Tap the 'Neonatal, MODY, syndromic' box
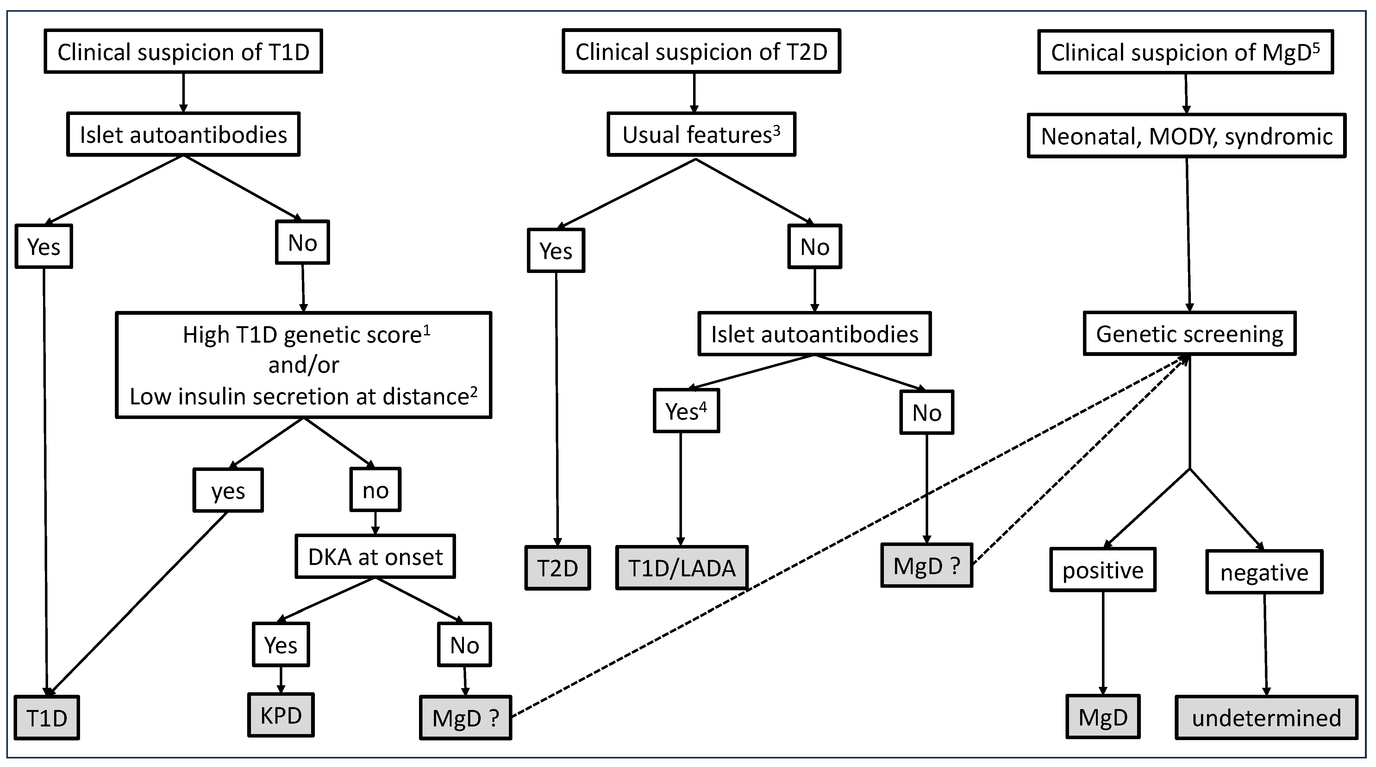1186,136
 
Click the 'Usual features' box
701,135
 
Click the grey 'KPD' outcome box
281,715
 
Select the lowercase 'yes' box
228,491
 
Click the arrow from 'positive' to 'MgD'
1103,641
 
